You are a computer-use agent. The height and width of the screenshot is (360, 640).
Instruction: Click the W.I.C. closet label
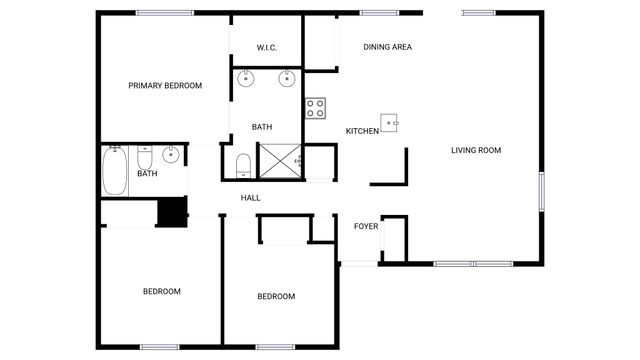pyautogui.click(x=266, y=47)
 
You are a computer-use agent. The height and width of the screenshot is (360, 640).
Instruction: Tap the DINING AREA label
pyautogui.click(x=387, y=47)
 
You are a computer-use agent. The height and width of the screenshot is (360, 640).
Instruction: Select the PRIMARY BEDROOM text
pyautogui.click(x=165, y=86)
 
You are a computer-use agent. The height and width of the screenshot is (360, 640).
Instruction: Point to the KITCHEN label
pyautogui.click(x=362, y=132)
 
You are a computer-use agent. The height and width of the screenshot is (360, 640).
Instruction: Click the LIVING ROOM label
pyautogui.click(x=475, y=150)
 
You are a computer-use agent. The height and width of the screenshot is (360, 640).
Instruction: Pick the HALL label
pyautogui.click(x=250, y=198)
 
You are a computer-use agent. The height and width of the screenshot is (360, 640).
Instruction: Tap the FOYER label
pyautogui.click(x=366, y=226)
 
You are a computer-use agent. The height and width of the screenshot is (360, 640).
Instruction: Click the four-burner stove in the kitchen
pyautogui.click(x=316, y=106)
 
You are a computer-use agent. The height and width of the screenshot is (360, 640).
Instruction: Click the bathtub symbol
pyautogui.click(x=115, y=170)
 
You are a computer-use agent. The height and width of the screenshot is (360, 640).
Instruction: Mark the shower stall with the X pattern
pyautogui.click(x=277, y=161)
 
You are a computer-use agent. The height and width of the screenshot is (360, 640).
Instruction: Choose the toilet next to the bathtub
pyautogui.click(x=144, y=158)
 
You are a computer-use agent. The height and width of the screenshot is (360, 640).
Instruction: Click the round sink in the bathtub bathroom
pyautogui.click(x=171, y=154)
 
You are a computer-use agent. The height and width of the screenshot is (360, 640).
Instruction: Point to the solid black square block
pyautogui.click(x=172, y=211)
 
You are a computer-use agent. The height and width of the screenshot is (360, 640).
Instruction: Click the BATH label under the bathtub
pyautogui.click(x=147, y=174)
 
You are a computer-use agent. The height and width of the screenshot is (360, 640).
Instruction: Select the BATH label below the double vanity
pyautogui.click(x=262, y=127)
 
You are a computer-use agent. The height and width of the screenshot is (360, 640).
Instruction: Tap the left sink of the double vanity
pyautogui.click(x=247, y=79)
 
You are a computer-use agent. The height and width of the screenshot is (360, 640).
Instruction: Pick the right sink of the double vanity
pyautogui.click(x=286, y=79)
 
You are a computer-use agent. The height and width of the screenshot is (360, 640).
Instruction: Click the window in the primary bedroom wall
pyautogui.click(x=165, y=12)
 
